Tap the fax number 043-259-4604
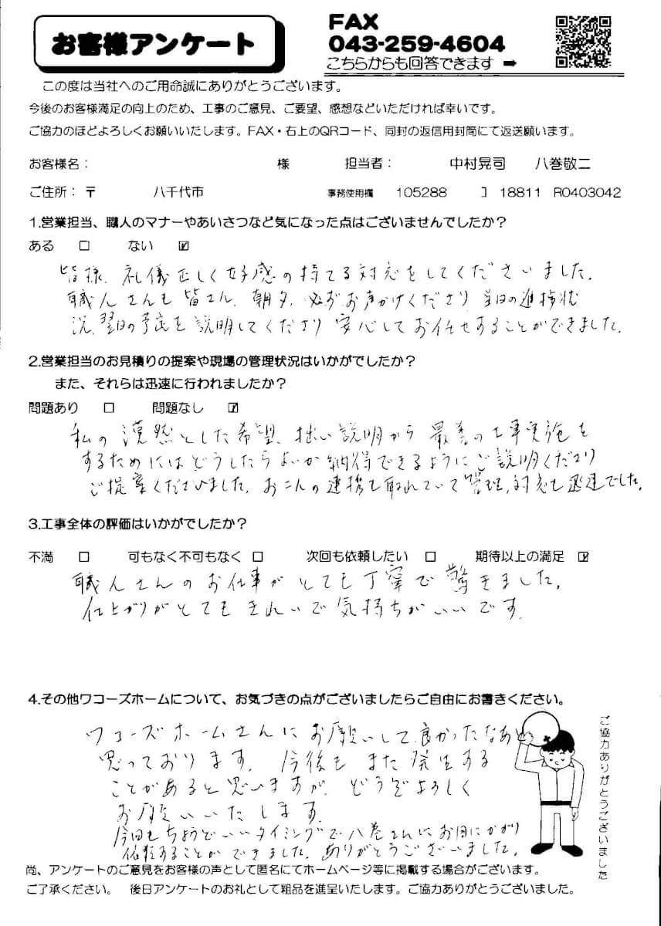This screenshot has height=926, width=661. [x=416, y=43]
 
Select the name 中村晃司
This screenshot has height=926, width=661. [x=478, y=164]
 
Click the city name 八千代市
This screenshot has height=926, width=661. [x=178, y=192]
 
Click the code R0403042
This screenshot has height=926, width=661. [x=587, y=192]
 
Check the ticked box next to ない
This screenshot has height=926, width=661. [x=184, y=247]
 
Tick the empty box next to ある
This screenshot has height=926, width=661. [x=85, y=247]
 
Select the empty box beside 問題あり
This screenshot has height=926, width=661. [x=109, y=407]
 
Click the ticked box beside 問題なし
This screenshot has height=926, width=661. [x=234, y=407]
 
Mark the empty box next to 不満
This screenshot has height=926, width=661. [x=84, y=556]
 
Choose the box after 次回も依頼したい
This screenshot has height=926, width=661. [x=431, y=556]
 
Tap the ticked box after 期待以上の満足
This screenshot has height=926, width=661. [x=583, y=556]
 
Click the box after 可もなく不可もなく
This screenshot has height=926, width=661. [x=259, y=556]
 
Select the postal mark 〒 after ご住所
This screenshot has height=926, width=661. [x=92, y=192]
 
